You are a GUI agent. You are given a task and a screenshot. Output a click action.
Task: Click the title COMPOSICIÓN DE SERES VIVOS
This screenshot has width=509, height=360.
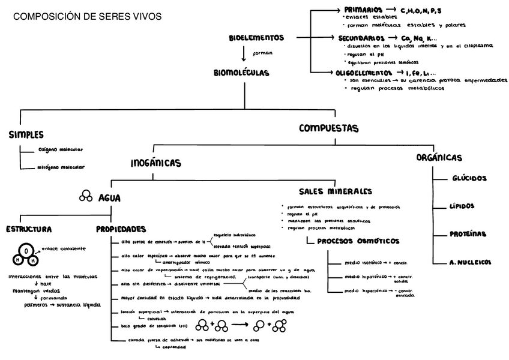(x=87, y=17)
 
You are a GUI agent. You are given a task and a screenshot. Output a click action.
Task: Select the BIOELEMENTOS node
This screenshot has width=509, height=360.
(x=256, y=38)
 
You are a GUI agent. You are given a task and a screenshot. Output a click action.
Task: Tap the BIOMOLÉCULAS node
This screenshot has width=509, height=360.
(x=241, y=73)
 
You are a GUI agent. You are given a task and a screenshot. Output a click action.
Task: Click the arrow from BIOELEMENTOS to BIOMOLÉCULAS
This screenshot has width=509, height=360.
(x=244, y=54)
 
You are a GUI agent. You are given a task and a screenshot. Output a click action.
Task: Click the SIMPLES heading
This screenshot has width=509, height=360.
(x=26, y=135)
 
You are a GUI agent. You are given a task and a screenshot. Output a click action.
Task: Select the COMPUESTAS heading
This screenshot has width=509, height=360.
(x=328, y=128)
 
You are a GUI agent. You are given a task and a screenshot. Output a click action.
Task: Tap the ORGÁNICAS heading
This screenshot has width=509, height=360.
(x=439, y=157)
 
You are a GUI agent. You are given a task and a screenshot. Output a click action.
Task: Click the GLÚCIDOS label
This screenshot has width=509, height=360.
(x=469, y=178)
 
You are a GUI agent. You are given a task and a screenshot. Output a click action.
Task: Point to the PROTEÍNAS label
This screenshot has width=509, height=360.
(x=468, y=234)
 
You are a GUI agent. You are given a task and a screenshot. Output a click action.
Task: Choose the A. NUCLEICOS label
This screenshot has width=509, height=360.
(x=470, y=262)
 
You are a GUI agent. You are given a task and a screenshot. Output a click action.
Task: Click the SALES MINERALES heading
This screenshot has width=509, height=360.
(x=340, y=192)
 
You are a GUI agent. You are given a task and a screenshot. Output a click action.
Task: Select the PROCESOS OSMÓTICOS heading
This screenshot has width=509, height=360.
(x=358, y=241)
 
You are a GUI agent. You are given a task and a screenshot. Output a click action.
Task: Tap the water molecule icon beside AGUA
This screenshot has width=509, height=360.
(x=86, y=196)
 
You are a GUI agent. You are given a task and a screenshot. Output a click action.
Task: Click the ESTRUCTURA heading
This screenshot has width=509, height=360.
(x=28, y=229)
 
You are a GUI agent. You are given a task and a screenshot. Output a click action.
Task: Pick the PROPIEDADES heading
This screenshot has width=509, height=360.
(x=121, y=229)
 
